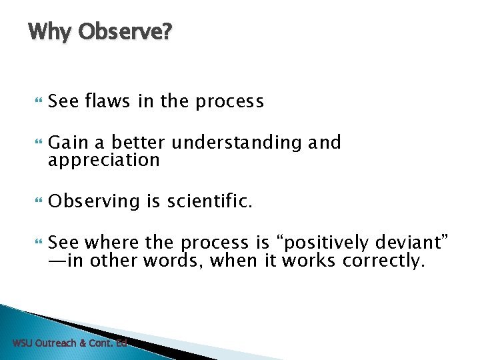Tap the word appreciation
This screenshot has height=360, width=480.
pyautogui.click(x=104, y=161)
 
